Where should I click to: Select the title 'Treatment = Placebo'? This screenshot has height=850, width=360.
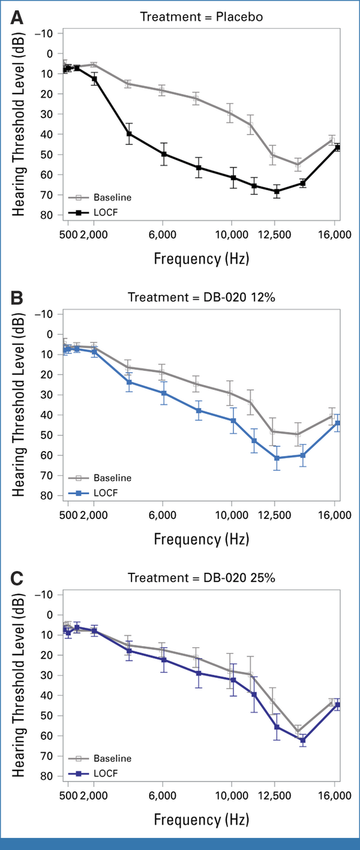(x=201, y=17)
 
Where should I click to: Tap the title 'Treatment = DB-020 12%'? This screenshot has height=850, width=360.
(x=201, y=297)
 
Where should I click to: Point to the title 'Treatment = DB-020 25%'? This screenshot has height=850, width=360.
(x=201, y=578)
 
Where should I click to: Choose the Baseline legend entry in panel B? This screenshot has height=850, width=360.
(x=100, y=477)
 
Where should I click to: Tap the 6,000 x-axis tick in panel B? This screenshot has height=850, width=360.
(x=163, y=515)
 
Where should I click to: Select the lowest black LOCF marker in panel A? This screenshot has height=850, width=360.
(x=277, y=191)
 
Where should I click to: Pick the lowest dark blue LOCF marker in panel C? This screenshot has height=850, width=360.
(x=302, y=740)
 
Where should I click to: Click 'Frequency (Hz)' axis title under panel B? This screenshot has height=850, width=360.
(x=201, y=539)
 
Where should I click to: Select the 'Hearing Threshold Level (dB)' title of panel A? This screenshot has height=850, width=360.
(x=19, y=124)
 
